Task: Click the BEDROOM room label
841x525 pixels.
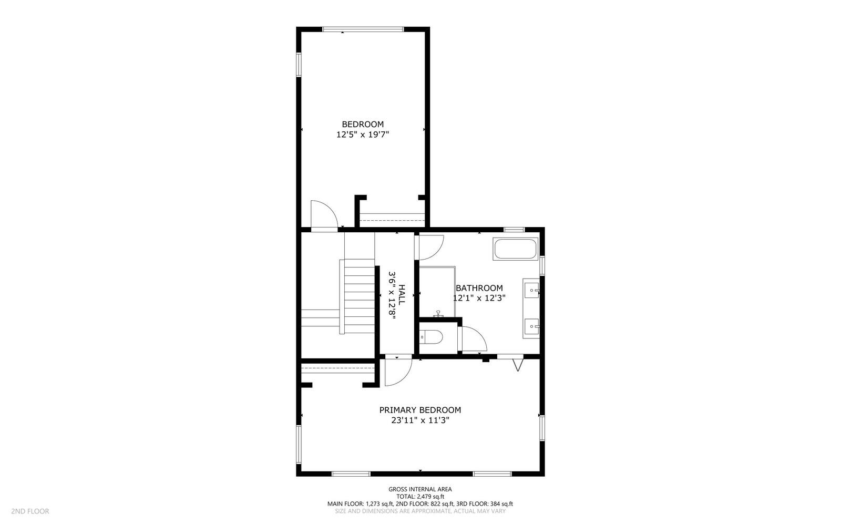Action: (363, 125)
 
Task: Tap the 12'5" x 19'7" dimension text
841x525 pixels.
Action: (363, 135)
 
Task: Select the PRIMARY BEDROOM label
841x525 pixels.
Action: (420, 410)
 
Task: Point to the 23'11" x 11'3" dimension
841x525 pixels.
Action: (420, 420)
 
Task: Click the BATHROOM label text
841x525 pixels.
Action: (479, 288)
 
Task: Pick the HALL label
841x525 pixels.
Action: (402, 295)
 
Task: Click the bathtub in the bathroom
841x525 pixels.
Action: (515, 249)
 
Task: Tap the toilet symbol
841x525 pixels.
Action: (431, 336)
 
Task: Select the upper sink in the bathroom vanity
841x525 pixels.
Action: (531, 290)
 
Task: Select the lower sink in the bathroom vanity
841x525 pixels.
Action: (531, 327)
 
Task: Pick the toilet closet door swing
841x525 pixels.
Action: (473, 339)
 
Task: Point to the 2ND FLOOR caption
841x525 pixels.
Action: (30, 511)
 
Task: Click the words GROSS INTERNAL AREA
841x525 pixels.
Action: (420, 489)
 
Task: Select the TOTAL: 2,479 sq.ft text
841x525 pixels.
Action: (420, 497)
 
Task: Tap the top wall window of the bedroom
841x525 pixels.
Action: (363, 29)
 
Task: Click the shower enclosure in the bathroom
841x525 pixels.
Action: (436, 292)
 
